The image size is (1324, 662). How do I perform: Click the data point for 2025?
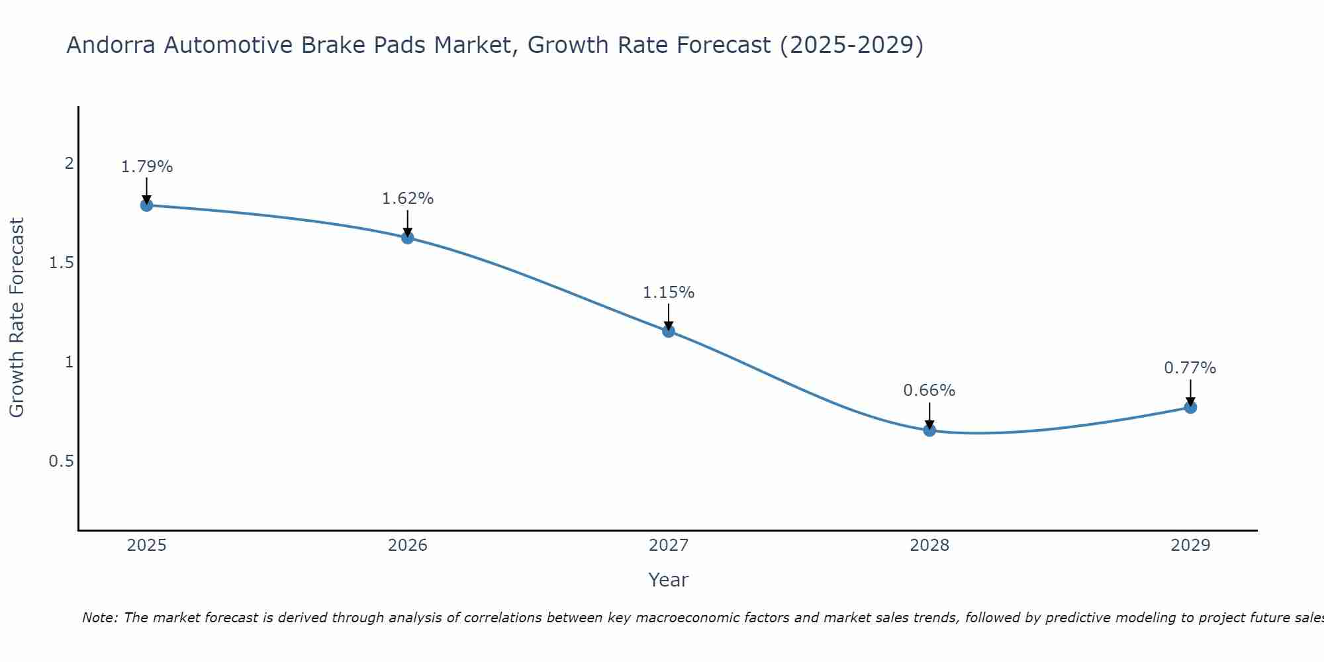(x=146, y=205)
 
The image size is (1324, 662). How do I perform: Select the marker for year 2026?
(x=408, y=238)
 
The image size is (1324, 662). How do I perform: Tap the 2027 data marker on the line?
(x=669, y=331)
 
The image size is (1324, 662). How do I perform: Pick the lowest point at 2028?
(x=929, y=430)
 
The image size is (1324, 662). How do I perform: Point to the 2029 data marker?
(x=1190, y=407)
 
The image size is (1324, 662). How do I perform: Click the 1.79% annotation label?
(x=146, y=167)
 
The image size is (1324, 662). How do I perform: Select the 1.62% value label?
(x=408, y=199)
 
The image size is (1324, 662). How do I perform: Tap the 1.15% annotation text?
(x=669, y=293)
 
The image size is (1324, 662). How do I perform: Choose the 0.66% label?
(x=929, y=391)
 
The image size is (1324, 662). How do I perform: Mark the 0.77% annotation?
(x=1190, y=368)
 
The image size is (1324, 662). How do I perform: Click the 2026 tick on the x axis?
(x=408, y=545)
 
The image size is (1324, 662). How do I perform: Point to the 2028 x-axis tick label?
(x=929, y=545)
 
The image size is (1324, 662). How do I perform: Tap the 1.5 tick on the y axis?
(x=61, y=263)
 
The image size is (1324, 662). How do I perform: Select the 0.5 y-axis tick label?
(x=61, y=461)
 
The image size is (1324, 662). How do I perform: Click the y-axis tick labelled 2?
(x=69, y=164)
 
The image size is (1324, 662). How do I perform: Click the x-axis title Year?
(x=669, y=580)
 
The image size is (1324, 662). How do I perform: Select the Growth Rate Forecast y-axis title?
(x=17, y=318)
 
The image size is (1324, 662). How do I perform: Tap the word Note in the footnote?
(x=99, y=618)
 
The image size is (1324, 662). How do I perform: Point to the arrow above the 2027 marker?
(x=669, y=316)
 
